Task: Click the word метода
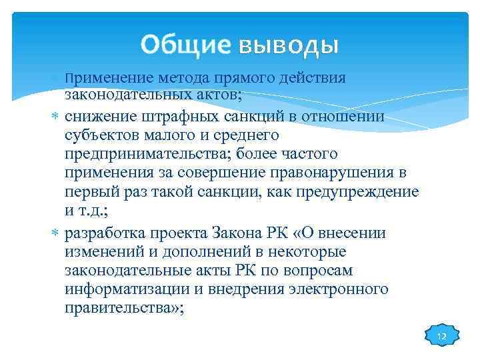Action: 184,79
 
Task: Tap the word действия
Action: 313,79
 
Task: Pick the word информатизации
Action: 123,290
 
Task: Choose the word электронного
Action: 341,290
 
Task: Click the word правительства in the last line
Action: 115,309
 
